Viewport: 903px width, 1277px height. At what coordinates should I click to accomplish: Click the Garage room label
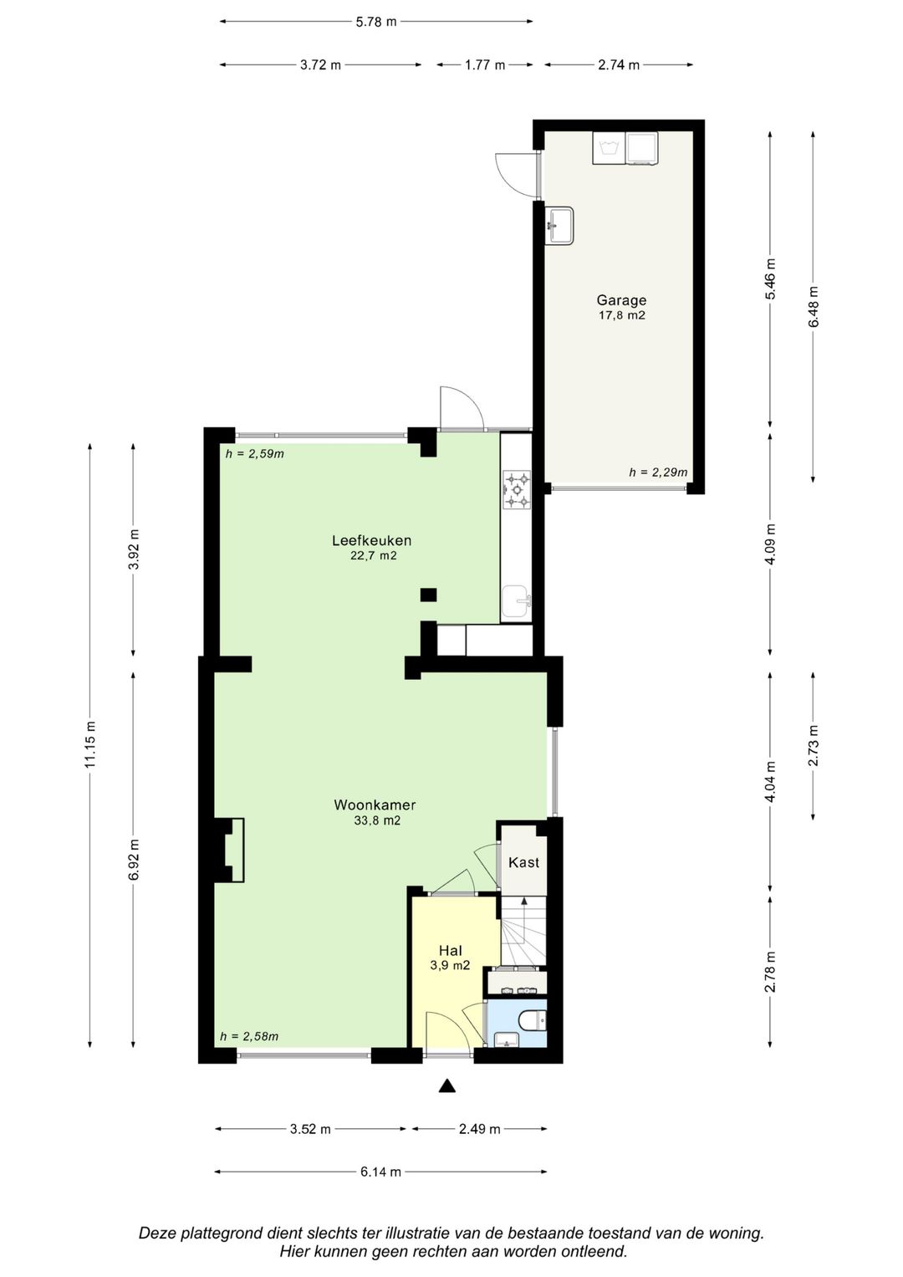point(621,300)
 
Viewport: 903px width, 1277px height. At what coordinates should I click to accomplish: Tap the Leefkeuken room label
point(372,540)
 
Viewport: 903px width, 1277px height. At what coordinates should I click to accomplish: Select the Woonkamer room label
point(375,805)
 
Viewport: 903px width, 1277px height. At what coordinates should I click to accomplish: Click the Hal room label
point(450,950)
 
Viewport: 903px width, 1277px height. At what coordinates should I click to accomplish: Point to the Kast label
point(523,862)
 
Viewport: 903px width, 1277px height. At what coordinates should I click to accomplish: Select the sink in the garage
point(559,225)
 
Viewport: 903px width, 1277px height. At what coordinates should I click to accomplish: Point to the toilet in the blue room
point(535,1020)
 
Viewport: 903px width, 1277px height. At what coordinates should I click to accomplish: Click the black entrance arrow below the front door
point(447,1086)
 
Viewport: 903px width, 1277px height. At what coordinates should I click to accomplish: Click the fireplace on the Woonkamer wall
point(230,850)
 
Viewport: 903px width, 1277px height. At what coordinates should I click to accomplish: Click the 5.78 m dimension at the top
point(375,22)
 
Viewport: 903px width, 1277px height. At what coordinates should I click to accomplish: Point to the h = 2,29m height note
point(658,472)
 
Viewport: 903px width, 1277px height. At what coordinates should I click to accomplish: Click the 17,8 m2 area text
point(621,315)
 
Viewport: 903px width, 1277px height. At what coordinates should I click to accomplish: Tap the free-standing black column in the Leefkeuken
point(428,595)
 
